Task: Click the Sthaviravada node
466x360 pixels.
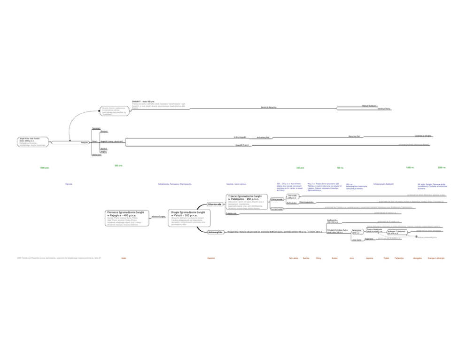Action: coord(214,204)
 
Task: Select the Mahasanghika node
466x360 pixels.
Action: coord(215,232)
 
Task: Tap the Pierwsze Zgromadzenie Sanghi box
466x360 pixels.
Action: coord(127,219)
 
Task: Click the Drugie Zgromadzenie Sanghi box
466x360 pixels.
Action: coord(189,219)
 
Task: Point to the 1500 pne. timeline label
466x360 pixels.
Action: coord(45,168)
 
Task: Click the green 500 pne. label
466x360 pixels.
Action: coord(118,165)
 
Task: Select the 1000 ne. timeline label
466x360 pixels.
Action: coord(410,167)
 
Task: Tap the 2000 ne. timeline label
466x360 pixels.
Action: coord(442,167)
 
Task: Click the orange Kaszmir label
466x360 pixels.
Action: coord(211,258)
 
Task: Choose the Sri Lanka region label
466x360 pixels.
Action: coord(294,258)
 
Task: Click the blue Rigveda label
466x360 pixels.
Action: coord(69,184)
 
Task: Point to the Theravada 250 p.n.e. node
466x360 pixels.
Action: coord(292,196)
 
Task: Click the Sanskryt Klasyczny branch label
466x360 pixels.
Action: coord(269,108)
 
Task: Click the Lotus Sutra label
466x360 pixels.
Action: coord(356,240)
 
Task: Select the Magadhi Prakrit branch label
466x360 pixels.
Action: coord(242,145)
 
